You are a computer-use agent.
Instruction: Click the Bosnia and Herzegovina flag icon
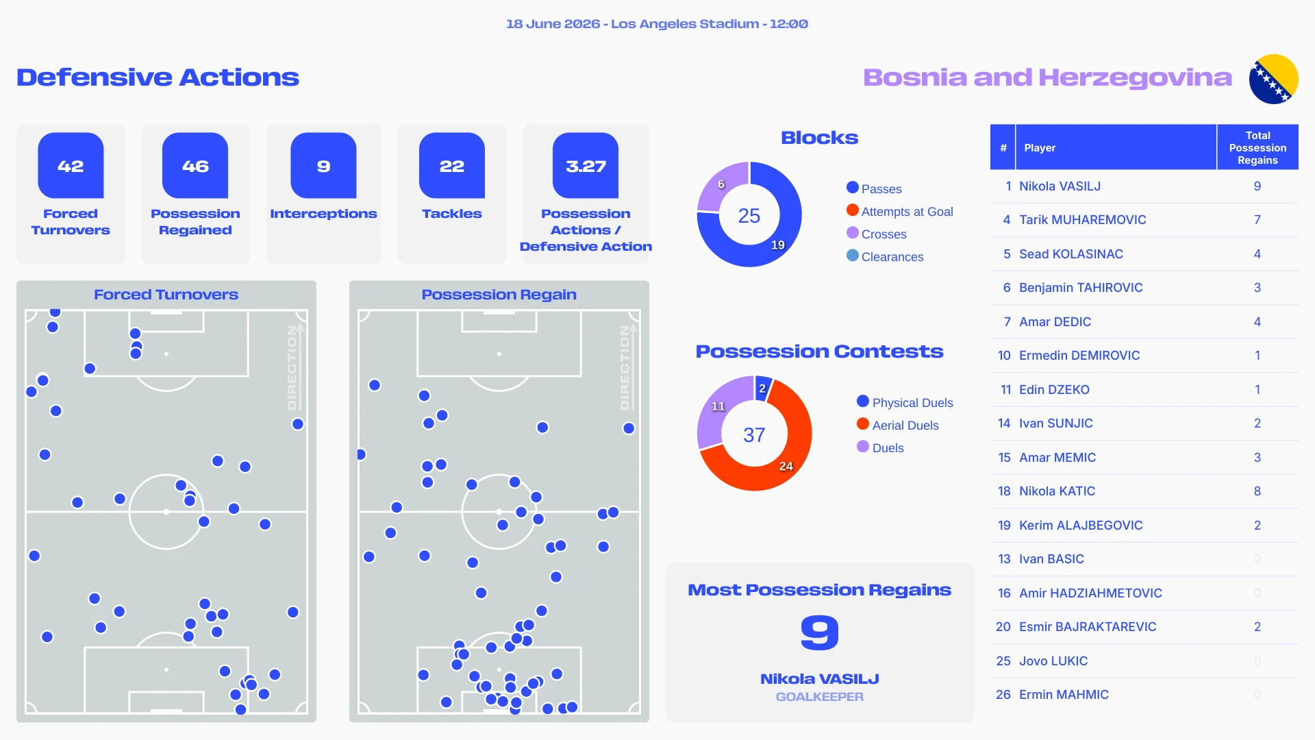(x=1273, y=79)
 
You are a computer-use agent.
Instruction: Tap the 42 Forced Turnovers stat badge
(x=71, y=166)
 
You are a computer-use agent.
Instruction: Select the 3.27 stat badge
(x=586, y=166)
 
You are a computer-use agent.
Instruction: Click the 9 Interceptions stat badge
(x=323, y=166)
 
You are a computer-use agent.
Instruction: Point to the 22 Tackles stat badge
(x=452, y=166)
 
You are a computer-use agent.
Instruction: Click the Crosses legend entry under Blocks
(x=877, y=234)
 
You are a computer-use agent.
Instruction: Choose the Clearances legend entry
(x=885, y=256)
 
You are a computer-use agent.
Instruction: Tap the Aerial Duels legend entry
(x=898, y=425)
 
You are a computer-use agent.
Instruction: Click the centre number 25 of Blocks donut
(x=749, y=216)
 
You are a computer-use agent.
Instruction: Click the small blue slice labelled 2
(x=762, y=388)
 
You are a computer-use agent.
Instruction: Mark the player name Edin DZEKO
(x=1054, y=389)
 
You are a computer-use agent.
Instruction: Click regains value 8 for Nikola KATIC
(x=1257, y=491)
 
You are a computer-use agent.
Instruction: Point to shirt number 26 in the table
(x=1003, y=695)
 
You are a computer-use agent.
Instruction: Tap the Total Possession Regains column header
(x=1257, y=147)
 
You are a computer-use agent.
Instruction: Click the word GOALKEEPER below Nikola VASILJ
(x=819, y=697)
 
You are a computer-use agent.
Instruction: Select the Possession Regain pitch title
(x=499, y=295)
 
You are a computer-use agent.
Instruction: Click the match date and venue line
(x=657, y=24)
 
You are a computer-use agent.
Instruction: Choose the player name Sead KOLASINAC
(x=1071, y=254)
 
